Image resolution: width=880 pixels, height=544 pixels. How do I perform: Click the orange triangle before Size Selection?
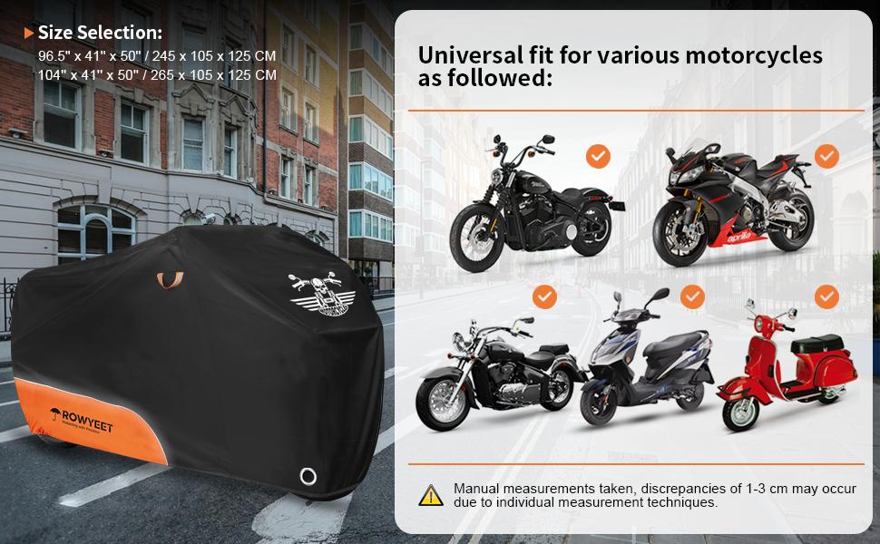coord(29,34)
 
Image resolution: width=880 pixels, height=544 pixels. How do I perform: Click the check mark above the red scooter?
coord(826,296)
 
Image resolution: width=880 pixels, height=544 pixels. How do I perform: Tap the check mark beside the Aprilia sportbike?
coord(826,156)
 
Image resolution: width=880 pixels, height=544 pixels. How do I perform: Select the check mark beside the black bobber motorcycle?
coord(597,156)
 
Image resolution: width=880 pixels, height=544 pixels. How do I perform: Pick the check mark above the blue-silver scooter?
coord(692,296)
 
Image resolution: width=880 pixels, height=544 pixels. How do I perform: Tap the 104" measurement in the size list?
coord(52,75)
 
